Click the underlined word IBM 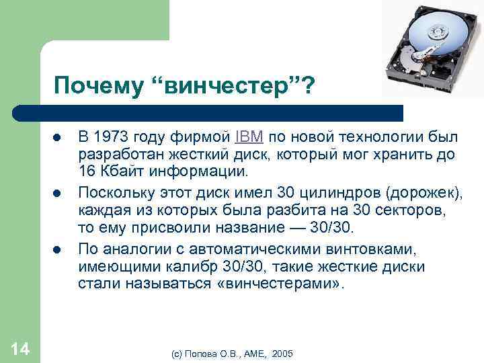250,138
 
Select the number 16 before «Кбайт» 87,170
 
